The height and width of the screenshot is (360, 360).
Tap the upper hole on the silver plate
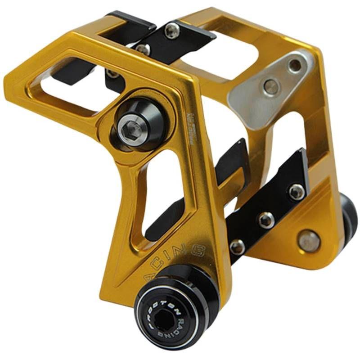(x=294, y=66)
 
